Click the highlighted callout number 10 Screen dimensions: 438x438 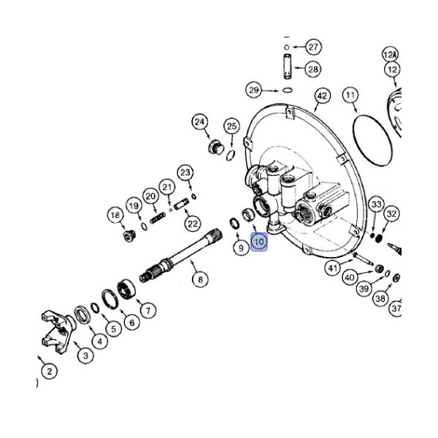click(259, 242)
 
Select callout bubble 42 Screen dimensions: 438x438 click(323, 96)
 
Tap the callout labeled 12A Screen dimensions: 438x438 click(391, 55)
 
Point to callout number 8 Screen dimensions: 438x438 click(200, 279)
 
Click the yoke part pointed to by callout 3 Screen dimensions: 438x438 click(58, 331)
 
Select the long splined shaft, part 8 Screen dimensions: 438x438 click(181, 255)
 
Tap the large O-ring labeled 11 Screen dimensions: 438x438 click(372, 141)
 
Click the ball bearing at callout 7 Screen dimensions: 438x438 click(126, 289)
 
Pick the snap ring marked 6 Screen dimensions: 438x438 click(109, 299)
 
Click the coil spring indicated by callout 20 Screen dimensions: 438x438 click(158, 218)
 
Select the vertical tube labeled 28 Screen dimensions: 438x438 click(288, 66)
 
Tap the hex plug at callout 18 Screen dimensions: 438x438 click(130, 236)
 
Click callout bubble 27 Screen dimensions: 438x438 click(313, 47)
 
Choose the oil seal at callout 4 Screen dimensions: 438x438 click(82, 315)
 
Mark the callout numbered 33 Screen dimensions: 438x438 click(376, 204)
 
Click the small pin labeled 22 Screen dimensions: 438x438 click(181, 204)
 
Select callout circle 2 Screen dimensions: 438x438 click(49, 372)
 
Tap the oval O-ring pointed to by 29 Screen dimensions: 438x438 click(288, 91)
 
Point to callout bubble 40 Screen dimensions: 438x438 click(350, 277)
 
